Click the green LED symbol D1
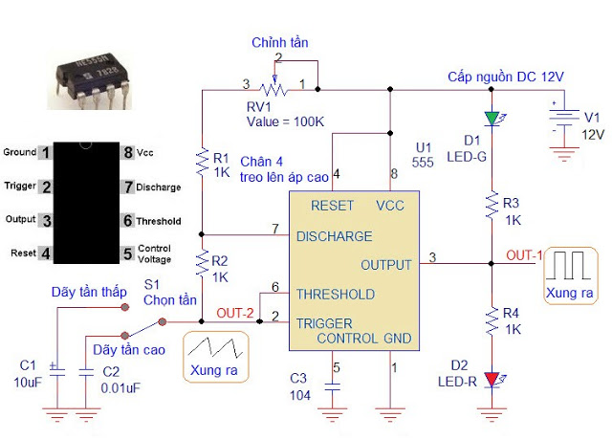pos(492,118)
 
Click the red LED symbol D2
pos(492,380)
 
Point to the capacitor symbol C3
pos(333,387)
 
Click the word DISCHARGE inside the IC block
pos(334,236)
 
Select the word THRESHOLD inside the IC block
pos(335,295)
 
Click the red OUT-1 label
pos(524,255)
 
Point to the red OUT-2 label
pos(235,313)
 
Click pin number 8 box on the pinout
pos(127,153)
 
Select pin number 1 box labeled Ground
pos(44,153)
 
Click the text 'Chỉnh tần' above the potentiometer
pos(280,43)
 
